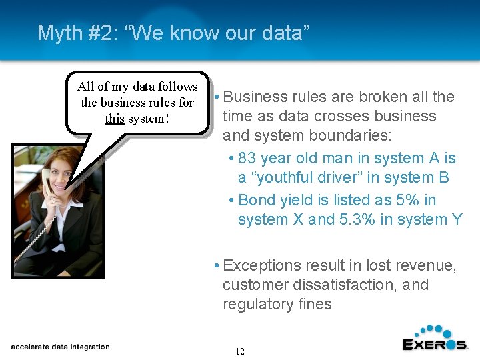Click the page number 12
[x=240, y=351]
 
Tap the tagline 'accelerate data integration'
[x=60, y=347]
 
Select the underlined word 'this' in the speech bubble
[x=115, y=119]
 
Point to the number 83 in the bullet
[x=247, y=158]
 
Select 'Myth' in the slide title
[x=56, y=32]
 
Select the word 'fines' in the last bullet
[x=315, y=304]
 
